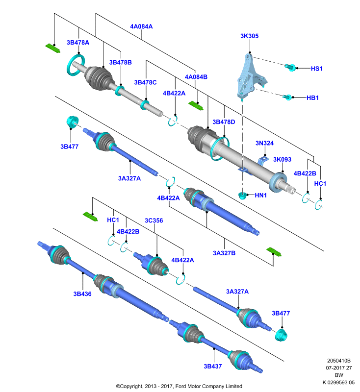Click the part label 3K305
(x=249, y=36)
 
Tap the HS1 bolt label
(x=316, y=69)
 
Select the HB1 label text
(x=312, y=98)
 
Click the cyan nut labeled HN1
(x=242, y=195)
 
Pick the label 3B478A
(x=78, y=43)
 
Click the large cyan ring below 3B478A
(x=76, y=65)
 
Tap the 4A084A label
(x=141, y=26)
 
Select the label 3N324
(x=264, y=143)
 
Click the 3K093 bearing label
(x=282, y=160)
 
